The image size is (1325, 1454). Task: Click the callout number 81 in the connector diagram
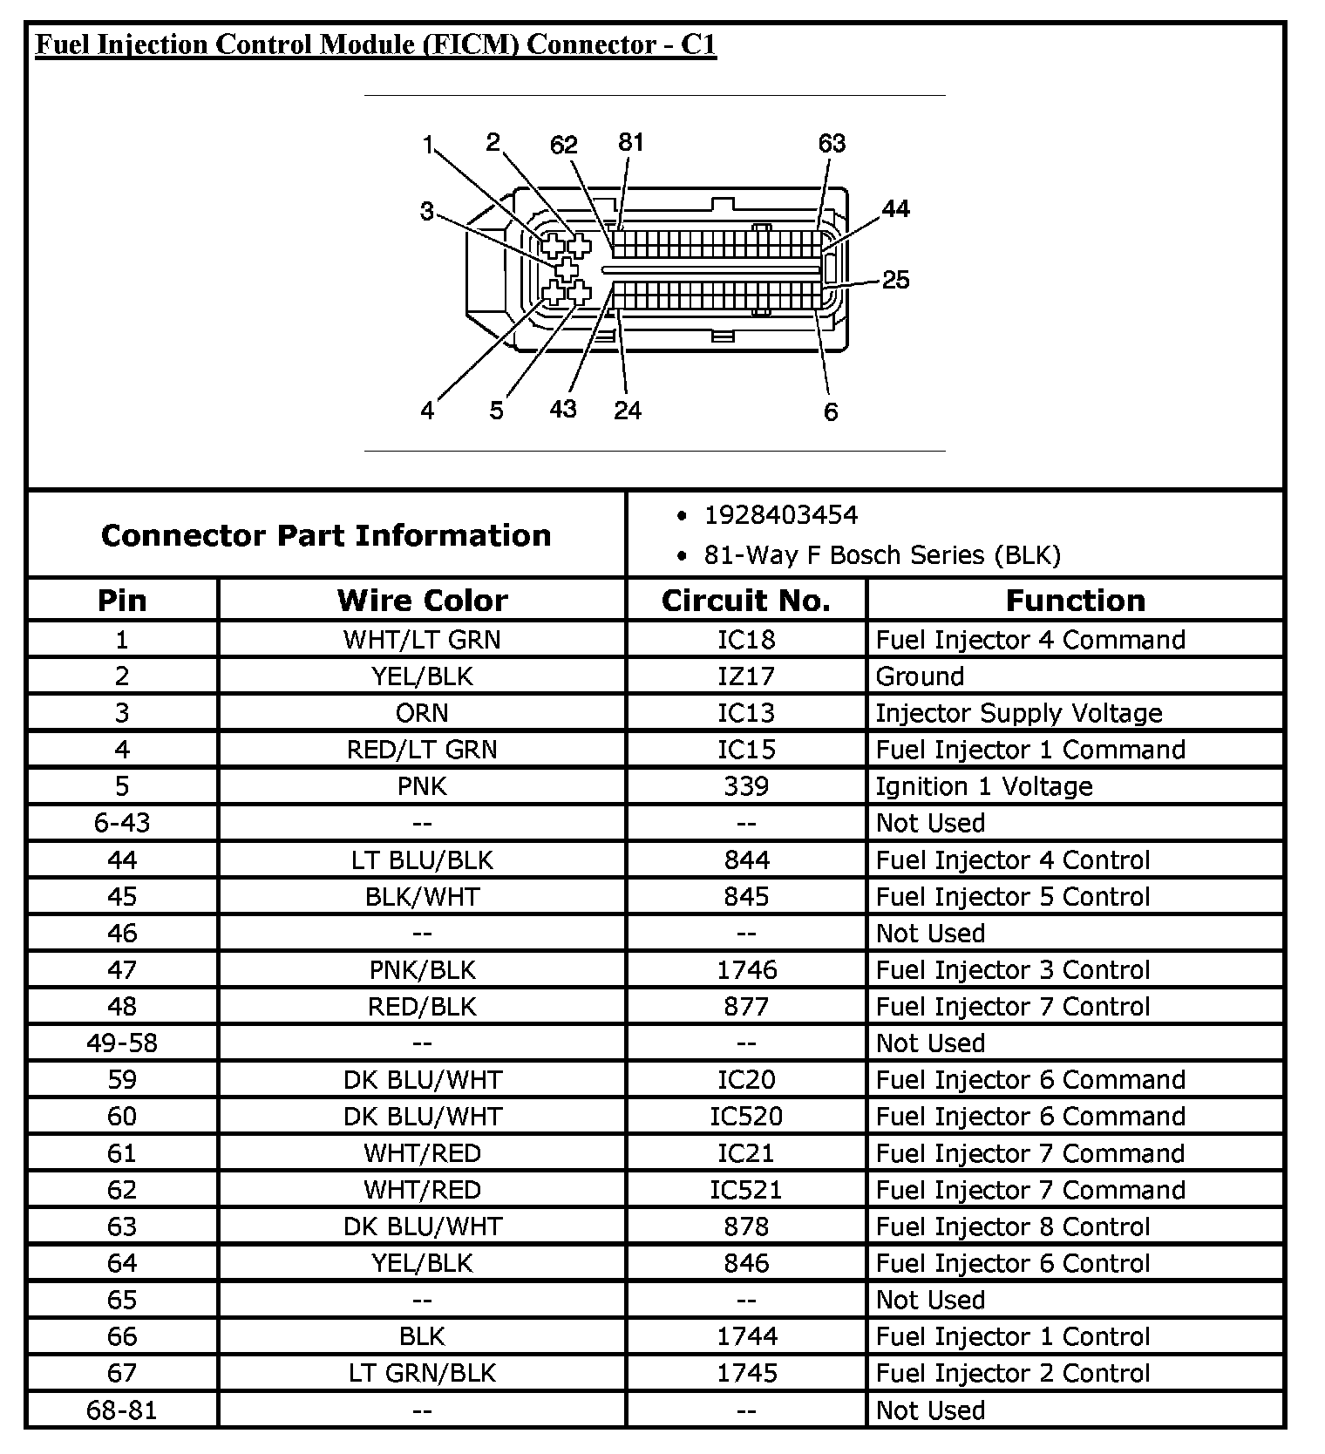(x=630, y=142)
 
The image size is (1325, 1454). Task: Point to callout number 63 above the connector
(x=832, y=143)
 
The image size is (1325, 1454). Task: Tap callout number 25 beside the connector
(x=895, y=280)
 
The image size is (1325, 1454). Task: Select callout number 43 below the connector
(x=563, y=408)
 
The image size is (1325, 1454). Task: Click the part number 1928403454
(x=780, y=515)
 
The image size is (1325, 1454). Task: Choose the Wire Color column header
(x=422, y=600)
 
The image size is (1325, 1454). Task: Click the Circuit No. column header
(x=746, y=600)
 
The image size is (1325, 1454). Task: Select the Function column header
(x=1075, y=600)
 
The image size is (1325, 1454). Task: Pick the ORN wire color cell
(x=422, y=713)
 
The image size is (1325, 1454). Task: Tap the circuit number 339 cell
(x=746, y=786)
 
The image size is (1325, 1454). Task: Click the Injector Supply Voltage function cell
(x=1018, y=713)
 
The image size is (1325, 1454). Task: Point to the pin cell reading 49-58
(x=122, y=1043)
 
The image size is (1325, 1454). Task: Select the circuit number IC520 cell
(x=746, y=1116)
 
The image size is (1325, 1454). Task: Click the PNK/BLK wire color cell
(x=422, y=969)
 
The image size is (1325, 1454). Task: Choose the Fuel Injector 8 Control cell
(x=1012, y=1226)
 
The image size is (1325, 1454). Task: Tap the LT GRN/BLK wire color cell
(x=422, y=1373)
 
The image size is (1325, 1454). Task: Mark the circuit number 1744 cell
(x=746, y=1336)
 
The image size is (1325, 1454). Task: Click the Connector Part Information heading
(x=326, y=534)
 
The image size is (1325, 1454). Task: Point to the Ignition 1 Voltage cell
(x=983, y=786)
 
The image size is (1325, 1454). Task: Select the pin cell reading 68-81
(x=122, y=1410)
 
